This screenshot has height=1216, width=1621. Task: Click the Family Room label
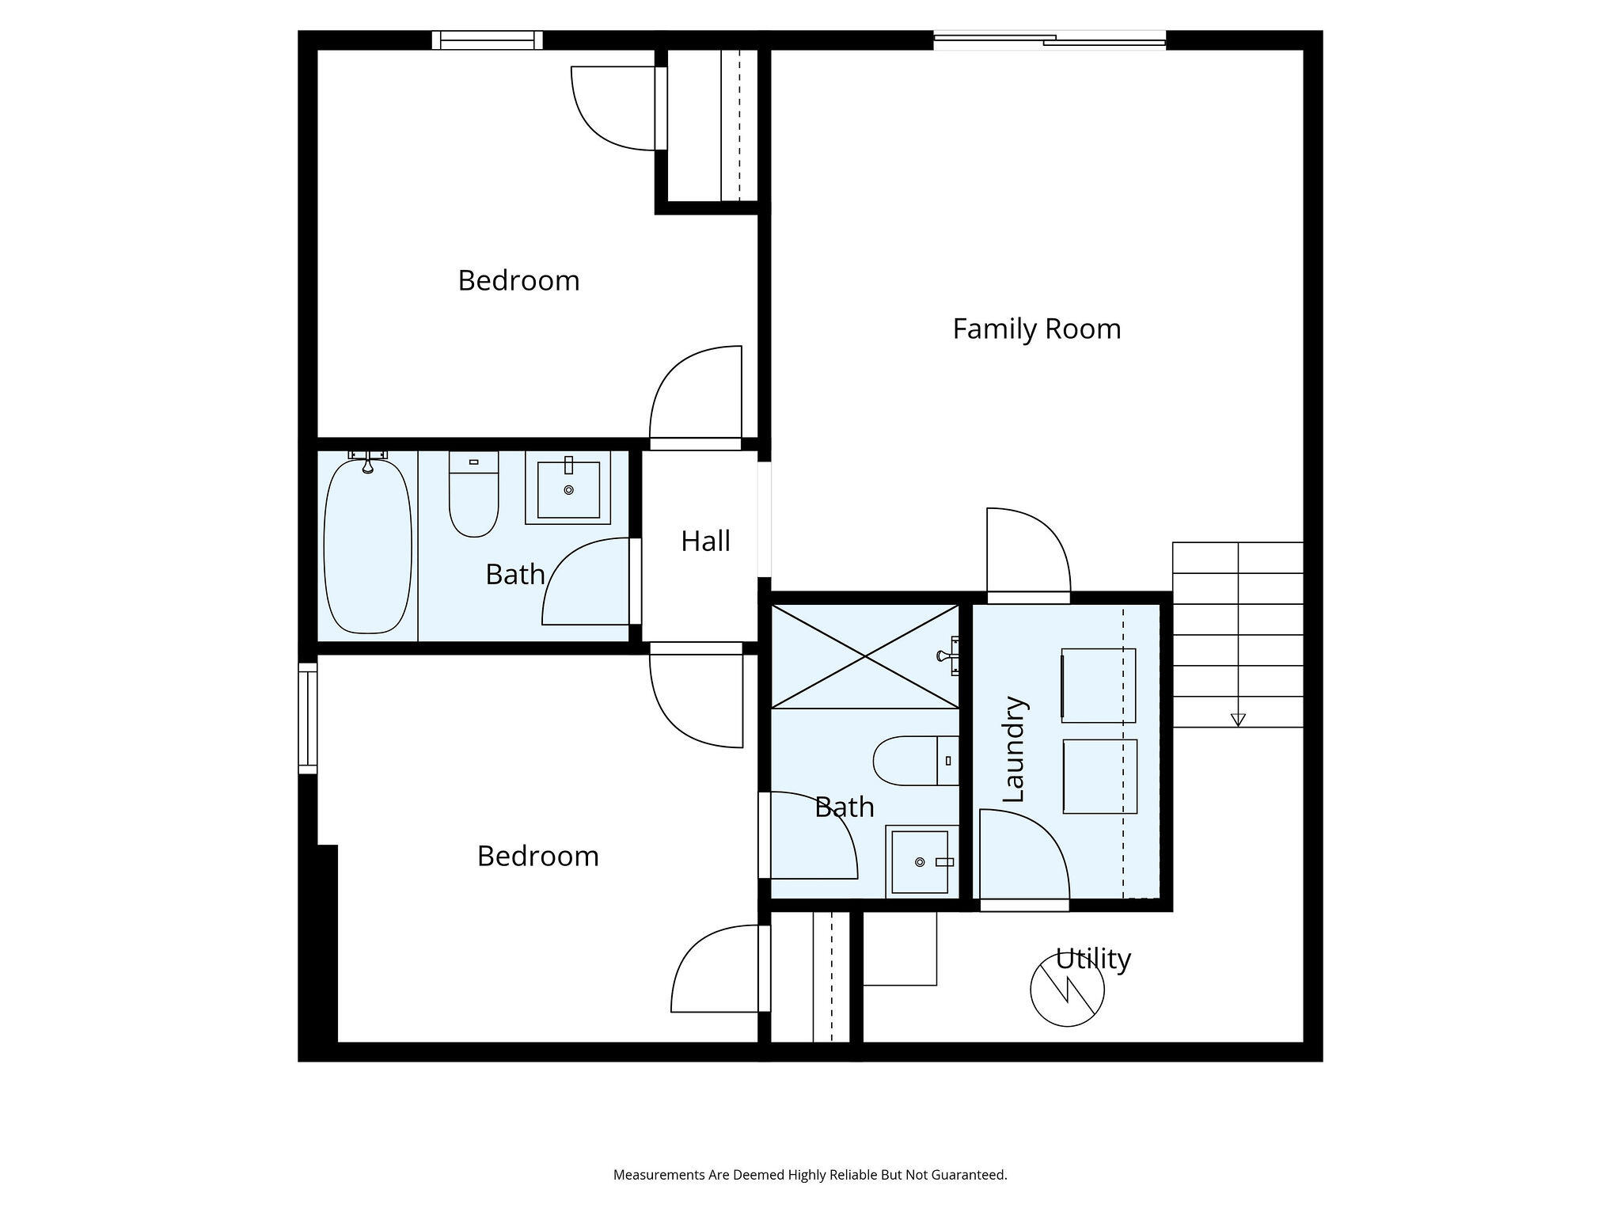coord(1037,329)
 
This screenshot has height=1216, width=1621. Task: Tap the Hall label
coord(705,541)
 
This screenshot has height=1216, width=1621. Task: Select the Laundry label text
coord(1014,749)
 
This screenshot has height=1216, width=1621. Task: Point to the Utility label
coord(1093,959)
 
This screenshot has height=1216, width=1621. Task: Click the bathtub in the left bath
coord(368,544)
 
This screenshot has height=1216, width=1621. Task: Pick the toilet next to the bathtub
coord(474,494)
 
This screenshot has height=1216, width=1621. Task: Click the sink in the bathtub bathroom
coord(568,488)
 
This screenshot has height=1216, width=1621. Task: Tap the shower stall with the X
coord(865,656)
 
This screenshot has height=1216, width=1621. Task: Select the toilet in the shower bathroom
coord(917,761)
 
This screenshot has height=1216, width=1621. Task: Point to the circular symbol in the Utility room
coord(1068,990)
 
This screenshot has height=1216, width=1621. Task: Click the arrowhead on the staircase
coord(1238,720)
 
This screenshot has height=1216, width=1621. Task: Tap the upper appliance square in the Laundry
coord(1099,686)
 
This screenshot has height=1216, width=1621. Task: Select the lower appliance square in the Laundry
coord(1100,777)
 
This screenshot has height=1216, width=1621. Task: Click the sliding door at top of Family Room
coord(1050,40)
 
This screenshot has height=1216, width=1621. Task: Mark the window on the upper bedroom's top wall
coord(488,40)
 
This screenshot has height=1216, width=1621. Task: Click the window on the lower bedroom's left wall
coord(308,718)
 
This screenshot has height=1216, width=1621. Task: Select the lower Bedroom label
coord(538,857)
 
